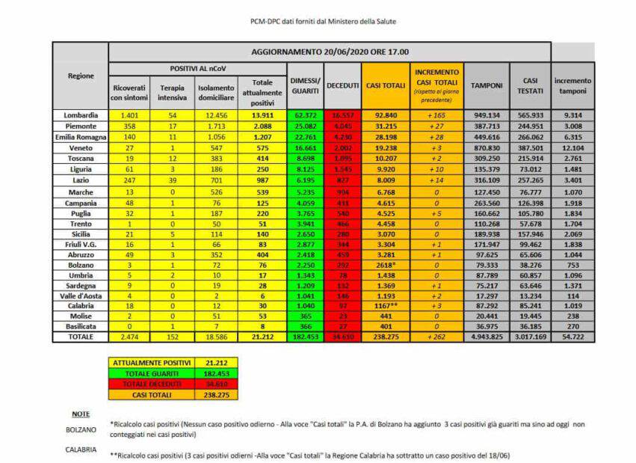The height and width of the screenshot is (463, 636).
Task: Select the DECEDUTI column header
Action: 344,85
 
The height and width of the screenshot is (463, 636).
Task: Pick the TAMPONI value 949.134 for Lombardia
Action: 487,116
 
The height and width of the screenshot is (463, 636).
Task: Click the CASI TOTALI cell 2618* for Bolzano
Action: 385,265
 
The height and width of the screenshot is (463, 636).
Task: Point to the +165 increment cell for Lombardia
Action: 437,116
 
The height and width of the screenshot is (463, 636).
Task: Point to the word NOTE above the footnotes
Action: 81,414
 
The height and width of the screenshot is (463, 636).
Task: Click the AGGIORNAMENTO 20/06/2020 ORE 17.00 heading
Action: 329,52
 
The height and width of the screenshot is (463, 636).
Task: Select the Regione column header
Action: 80,76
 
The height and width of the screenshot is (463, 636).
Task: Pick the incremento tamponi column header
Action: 572,85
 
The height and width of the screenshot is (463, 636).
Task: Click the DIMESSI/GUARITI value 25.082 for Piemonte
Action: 304,126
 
